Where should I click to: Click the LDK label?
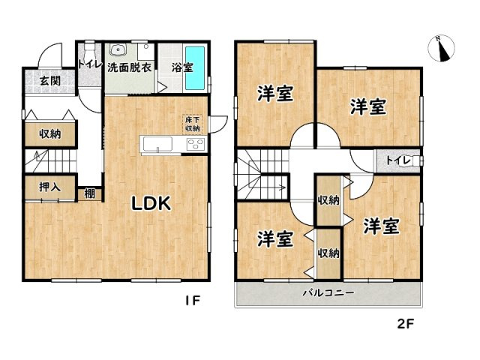pyautogui.click(x=153, y=203)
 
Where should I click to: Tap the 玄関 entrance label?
pyautogui.click(x=50, y=81)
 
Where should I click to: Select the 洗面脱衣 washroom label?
pyautogui.click(x=130, y=67)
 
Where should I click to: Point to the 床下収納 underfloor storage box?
pyautogui.click(x=193, y=121)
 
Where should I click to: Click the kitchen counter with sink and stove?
pyautogui.click(x=172, y=145)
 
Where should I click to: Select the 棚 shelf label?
pyautogui.click(x=90, y=193)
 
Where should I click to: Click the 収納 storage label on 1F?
pyautogui.click(x=50, y=134)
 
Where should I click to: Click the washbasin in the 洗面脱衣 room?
pyautogui.click(x=118, y=51)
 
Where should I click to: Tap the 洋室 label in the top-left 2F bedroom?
pyautogui.click(x=275, y=94)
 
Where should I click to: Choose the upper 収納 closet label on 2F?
pyautogui.click(x=328, y=199)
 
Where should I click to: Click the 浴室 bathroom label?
pyautogui.click(x=181, y=67)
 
